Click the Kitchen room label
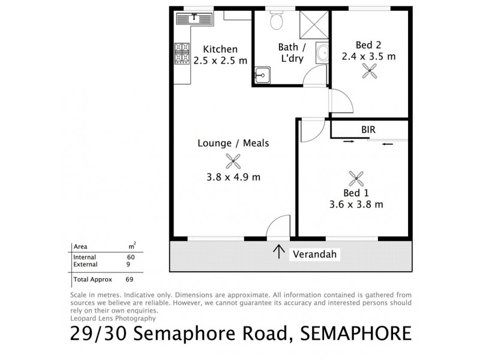click(x=220, y=49)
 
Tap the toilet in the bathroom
click(x=277, y=21)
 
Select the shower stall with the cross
click(x=314, y=24)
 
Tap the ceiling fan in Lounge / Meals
click(x=233, y=160)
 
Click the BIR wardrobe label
click(x=369, y=129)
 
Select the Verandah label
click(x=316, y=254)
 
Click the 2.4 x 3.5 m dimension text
click(x=368, y=56)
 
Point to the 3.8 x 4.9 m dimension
click(x=233, y=177)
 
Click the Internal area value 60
click(x=131, y=257)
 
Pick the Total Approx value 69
click(x=130, y=279)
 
